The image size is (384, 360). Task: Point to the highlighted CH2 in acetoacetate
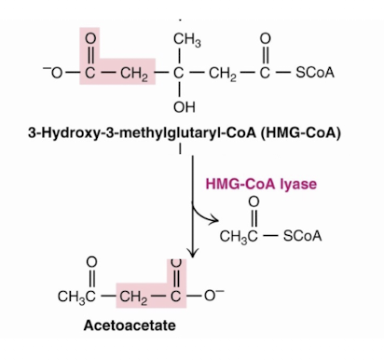(136, 298)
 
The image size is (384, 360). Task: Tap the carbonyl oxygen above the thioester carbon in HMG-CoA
(267, 39)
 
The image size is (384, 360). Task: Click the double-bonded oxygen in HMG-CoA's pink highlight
(89, 39)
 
